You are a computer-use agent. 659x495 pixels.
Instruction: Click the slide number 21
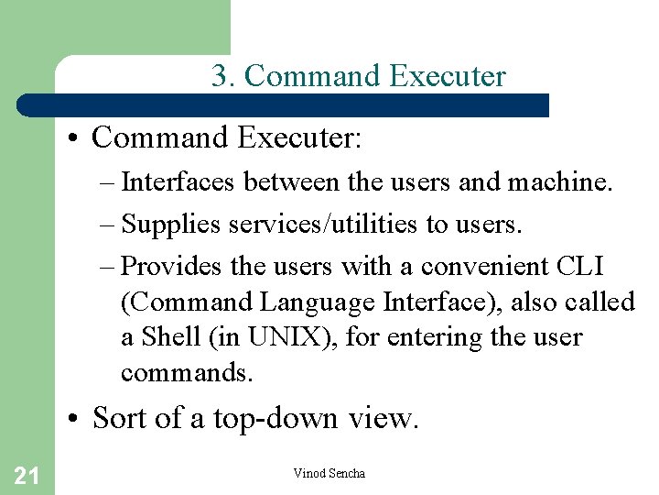tap(27, 475)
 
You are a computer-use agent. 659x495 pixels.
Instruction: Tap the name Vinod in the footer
tap(308, 473)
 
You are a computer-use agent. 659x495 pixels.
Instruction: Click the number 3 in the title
tap(220, 76)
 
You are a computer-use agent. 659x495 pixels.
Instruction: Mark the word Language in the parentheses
tap(309, 302)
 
